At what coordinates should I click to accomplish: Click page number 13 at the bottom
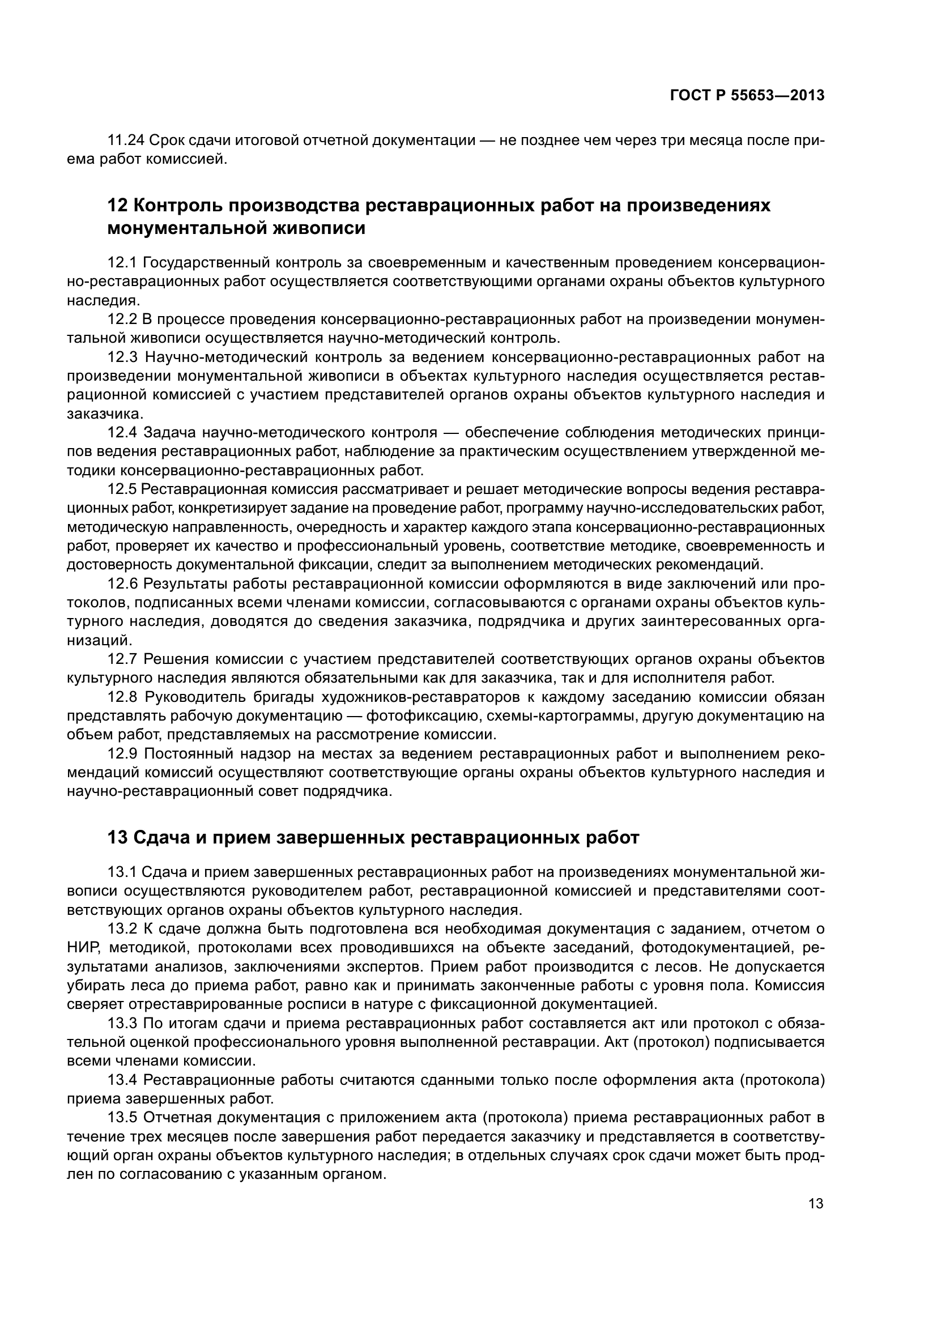816,1204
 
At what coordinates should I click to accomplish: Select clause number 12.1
122,263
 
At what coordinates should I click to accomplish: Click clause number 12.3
122,357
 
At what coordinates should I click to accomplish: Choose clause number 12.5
122,489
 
